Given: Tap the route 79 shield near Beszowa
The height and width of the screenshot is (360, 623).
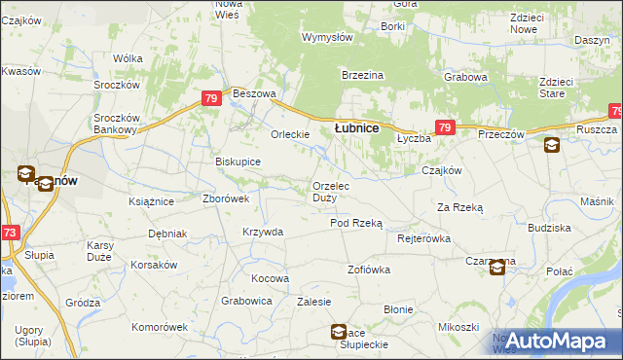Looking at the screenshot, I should pyautogui.click(x=211, y=99).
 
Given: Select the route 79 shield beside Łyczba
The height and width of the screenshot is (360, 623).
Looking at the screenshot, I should pyautogui.click(x=444, y=126).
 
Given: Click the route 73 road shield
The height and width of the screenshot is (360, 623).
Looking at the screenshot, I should pyautogui.click(x=9, y=234).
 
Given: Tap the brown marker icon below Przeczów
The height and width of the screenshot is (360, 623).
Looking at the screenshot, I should pyautogui.click(x=552, y=146).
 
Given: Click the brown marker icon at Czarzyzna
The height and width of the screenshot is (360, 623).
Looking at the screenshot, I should pyautogui.click(x=496, y=268).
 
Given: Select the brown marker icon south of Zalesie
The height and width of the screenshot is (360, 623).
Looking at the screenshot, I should pyautogui.click(x=338, y=331).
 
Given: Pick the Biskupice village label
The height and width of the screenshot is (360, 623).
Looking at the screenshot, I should pyautogui.click(x=238, y=162).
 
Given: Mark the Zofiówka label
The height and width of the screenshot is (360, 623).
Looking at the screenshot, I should pyautogui.click(x=369, y=269).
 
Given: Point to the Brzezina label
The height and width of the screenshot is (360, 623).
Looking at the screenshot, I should pyautogui.click(x=362, y=76).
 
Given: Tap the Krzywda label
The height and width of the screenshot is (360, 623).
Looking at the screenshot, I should pyautogui.click(x=263, y=232).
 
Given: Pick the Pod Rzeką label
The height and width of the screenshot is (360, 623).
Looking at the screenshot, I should pyautogui.click(x=356, y=223).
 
